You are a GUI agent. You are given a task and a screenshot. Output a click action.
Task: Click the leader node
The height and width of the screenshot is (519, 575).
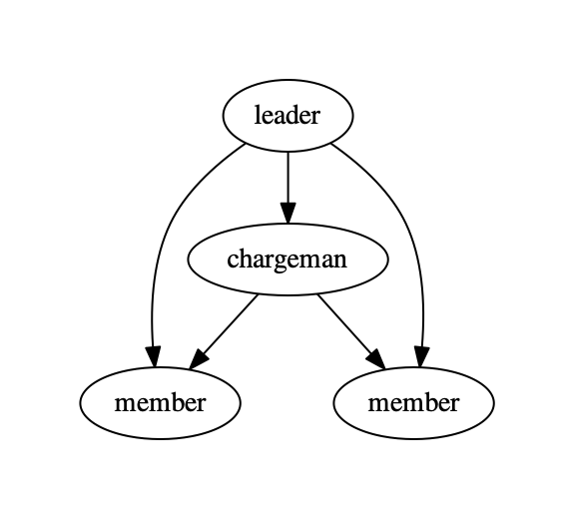pos(287,116)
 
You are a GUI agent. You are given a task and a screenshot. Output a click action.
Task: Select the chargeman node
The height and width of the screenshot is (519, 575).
pos(287,259)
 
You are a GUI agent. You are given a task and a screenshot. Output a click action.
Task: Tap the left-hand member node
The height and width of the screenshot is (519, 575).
pos(161,403)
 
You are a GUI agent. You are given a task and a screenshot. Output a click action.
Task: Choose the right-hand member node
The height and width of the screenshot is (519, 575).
pos(414,403)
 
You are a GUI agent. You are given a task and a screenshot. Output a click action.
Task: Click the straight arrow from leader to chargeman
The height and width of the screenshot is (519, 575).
pos(287,188)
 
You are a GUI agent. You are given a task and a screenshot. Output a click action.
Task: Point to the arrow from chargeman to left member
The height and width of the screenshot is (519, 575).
pos(224,331)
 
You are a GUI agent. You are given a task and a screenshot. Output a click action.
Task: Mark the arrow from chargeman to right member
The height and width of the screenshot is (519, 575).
pos(351,331)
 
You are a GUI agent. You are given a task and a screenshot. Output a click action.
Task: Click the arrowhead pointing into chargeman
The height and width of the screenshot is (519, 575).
pos(287,213)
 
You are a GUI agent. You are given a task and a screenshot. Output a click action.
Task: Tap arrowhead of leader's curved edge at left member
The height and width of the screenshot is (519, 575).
pos(154,356)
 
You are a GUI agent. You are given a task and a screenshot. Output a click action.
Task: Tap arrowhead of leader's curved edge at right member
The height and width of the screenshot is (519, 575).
pos(421,356)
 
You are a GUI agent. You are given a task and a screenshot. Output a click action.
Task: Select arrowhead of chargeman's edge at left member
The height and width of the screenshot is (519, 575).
pos(198,359)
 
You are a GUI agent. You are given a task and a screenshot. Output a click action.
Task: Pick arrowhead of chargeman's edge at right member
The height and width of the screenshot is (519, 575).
pos(377,359)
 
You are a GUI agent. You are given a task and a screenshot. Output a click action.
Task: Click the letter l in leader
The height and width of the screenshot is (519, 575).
pos(258,115)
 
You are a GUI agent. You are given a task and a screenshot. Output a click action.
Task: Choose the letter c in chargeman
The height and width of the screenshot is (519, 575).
pos(233,260)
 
